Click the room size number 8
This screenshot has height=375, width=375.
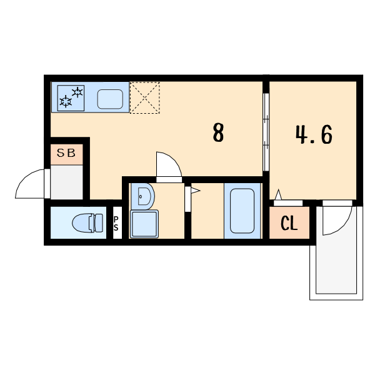218,132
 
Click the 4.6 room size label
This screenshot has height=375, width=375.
314,134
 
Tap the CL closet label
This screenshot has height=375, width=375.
289,223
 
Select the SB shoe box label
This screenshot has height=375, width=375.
66,153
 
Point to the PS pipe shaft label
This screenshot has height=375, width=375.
116,224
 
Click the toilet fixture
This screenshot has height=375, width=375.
87,223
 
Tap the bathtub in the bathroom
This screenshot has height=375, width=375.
242,211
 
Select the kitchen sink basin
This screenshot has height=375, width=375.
110,99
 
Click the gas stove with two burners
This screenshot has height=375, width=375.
71,98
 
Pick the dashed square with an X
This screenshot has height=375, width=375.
145,97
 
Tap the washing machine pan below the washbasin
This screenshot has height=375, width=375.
144,224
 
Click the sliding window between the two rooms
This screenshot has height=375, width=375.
266,132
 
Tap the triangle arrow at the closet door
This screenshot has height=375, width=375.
278,194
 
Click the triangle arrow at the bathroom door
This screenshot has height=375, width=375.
196,191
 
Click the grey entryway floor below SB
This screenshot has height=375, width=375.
67,182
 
